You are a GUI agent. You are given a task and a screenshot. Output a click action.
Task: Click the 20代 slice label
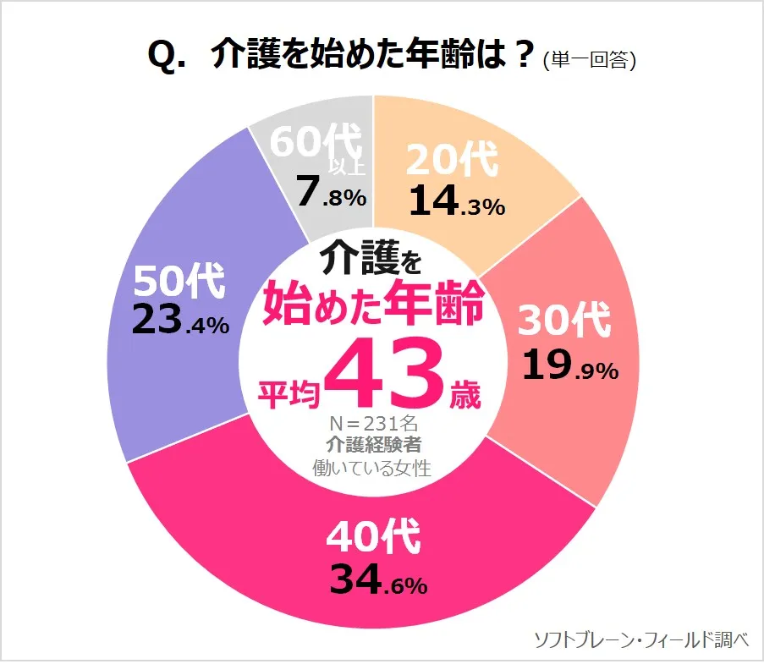pyautogui.click(x=452, y=161)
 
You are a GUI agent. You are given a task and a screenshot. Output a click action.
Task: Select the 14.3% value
pyautogui.click(x=457, y=201)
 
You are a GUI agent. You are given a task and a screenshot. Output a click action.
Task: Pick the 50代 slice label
pyautogui.click(x=179, y=281)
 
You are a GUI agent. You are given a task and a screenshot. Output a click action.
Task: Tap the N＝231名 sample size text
pyautogui.click(x=372, y=420)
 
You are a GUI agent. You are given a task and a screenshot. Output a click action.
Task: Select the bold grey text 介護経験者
pyautogui.click(x=372, y=443)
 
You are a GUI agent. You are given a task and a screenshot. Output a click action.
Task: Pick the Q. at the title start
pyautogui.click(x=167, y=57)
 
